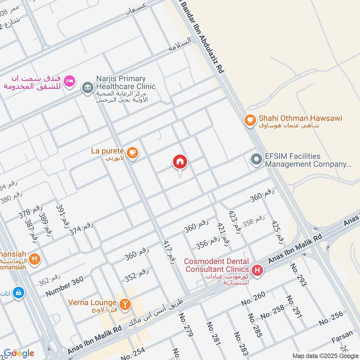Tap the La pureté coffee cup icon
tap(132, 153)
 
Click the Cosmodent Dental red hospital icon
tap(257, 270)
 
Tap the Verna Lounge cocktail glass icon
tap(126, 305)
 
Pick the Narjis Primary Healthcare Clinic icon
tap(87, 86)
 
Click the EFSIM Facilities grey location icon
tap(256, 160)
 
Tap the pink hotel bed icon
tap(69, 81)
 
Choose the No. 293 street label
tap(301, 274)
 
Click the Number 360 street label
tap(65, 287)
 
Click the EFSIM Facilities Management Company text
tap(307, 160)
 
